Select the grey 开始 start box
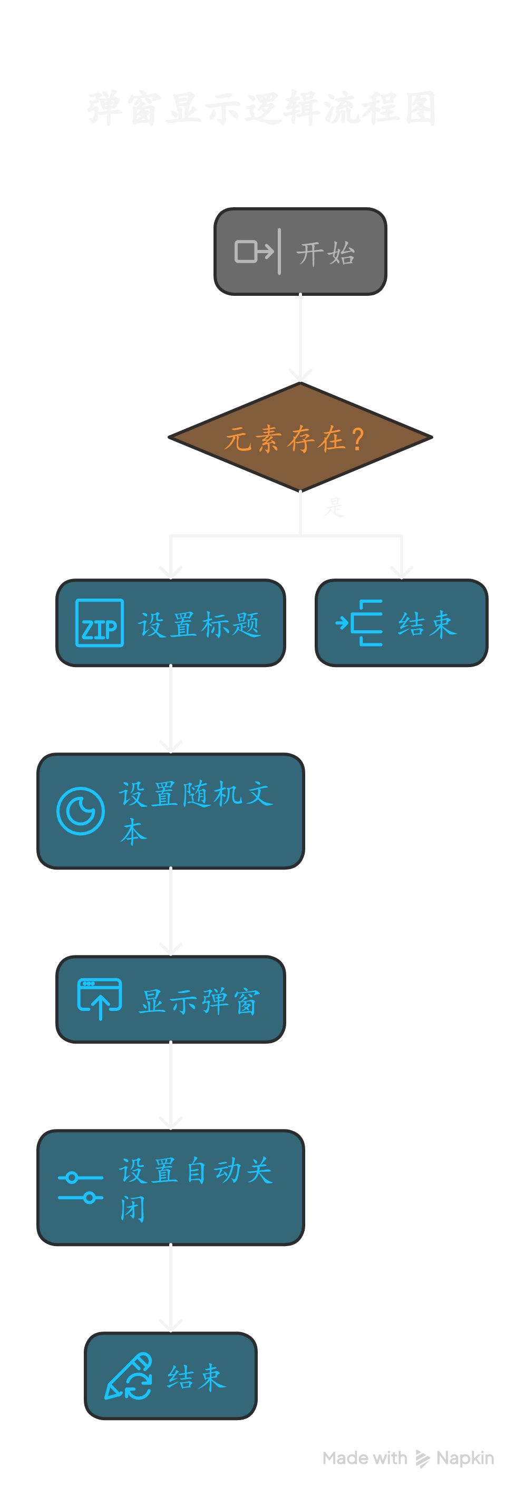pos(300,252)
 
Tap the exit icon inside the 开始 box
pos(254,252)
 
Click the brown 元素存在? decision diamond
pos(300,438)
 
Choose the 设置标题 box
pos(171,623)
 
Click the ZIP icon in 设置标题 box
pos(99,623)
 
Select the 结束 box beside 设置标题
pos(402,623)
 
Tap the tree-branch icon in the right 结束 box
pos(359,623)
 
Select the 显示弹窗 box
pos(171,999)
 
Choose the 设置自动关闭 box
pos(171,1188)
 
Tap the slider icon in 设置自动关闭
pos(81,1188)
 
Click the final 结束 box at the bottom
pos(171,1376)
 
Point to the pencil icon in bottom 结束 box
pos(128,1376)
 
